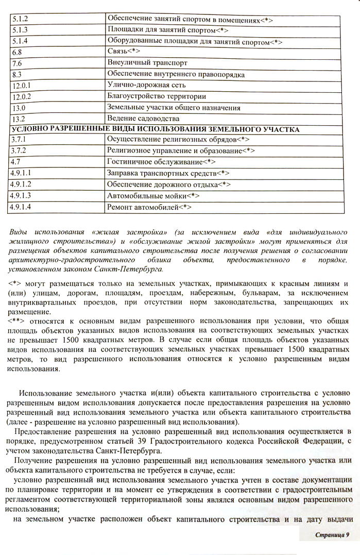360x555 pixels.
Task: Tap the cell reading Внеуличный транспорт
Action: point(147,63)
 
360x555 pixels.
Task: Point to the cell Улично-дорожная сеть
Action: point(146,85)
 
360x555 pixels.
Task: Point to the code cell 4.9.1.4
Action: point(21,208)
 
